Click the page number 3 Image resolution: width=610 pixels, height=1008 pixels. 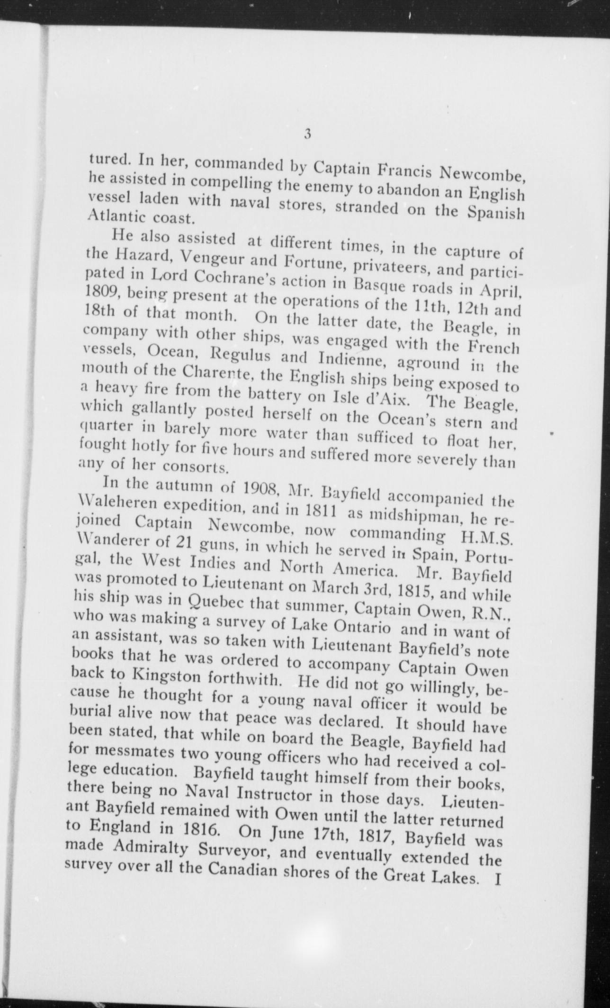[307, 135]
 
